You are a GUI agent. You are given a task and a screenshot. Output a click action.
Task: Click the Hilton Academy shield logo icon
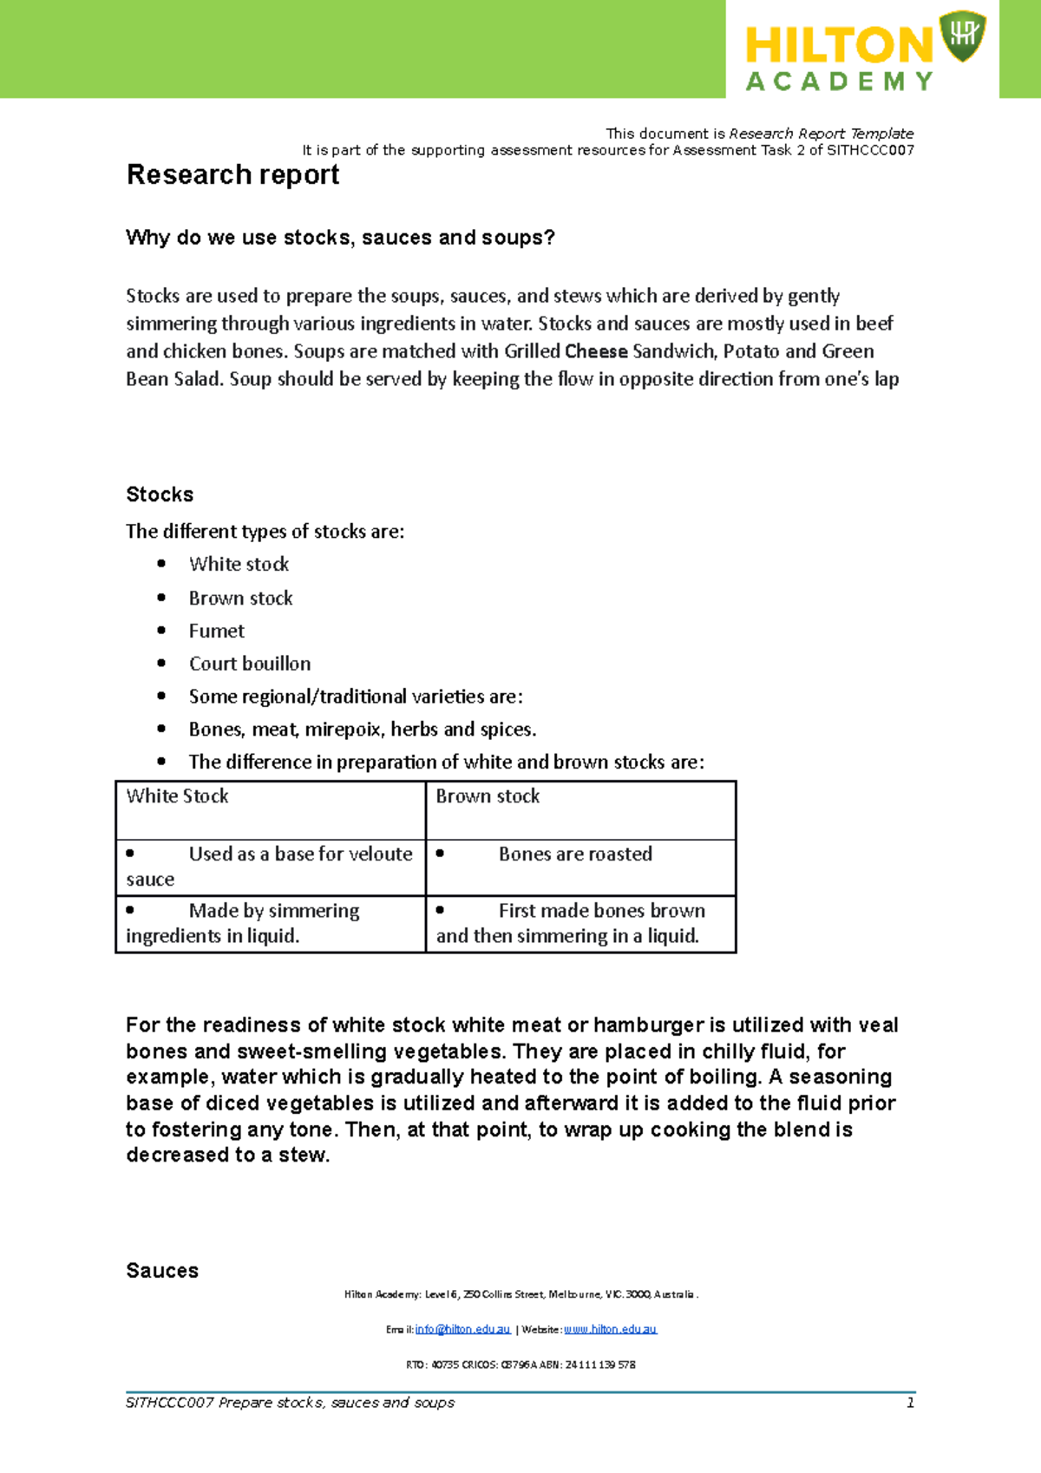962,36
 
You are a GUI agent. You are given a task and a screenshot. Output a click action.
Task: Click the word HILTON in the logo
837,45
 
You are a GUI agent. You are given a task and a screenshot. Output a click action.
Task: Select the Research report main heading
232,174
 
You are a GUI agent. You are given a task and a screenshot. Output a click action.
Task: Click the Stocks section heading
160,494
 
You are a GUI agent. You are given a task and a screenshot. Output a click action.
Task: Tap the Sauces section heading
162,1271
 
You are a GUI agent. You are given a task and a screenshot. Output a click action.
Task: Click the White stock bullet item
239,565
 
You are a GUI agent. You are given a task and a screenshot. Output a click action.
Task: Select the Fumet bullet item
217,632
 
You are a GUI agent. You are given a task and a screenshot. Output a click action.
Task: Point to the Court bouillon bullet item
250,664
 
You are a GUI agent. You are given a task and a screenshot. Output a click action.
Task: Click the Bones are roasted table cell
575,854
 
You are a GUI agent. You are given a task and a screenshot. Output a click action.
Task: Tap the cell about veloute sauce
269,867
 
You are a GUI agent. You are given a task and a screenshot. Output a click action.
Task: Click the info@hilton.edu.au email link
462,1329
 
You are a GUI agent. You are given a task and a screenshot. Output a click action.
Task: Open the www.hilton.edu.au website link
611,1329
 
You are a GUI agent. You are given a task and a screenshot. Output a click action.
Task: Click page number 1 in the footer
910,1403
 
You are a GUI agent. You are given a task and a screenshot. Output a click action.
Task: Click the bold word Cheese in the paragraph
596,351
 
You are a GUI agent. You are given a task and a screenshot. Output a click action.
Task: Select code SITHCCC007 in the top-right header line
870,150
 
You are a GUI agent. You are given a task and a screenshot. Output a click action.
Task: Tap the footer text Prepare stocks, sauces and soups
337,1403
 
